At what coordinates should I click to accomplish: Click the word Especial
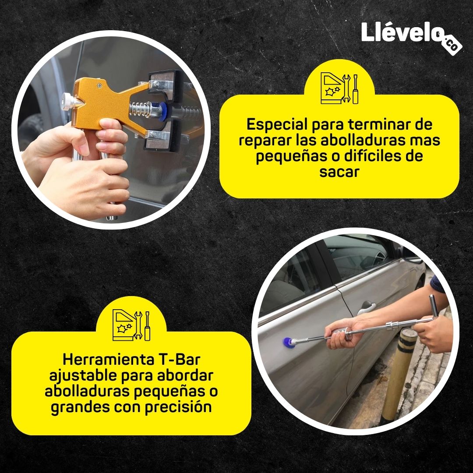click(277, 124)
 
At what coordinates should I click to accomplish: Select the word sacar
click(339, 172)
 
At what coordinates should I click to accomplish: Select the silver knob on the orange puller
click(69, 101)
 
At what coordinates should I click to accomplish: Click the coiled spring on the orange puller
click(140, 109)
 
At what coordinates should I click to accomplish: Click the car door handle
click(367, 307)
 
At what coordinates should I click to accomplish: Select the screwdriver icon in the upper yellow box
click(356, 89)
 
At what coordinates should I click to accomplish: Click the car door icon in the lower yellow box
click(123, 325)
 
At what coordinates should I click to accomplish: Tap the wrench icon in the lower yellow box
click(138, 325)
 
